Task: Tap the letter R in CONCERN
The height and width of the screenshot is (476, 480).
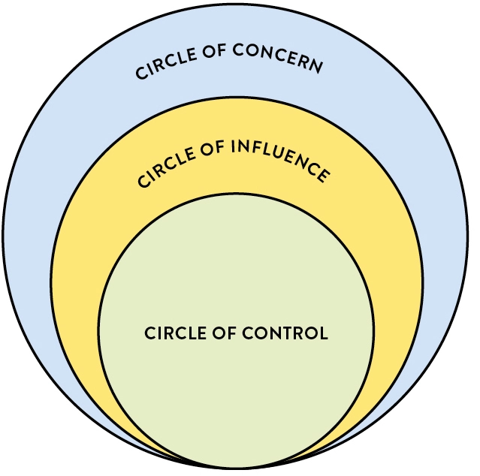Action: [x=303, y=63]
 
